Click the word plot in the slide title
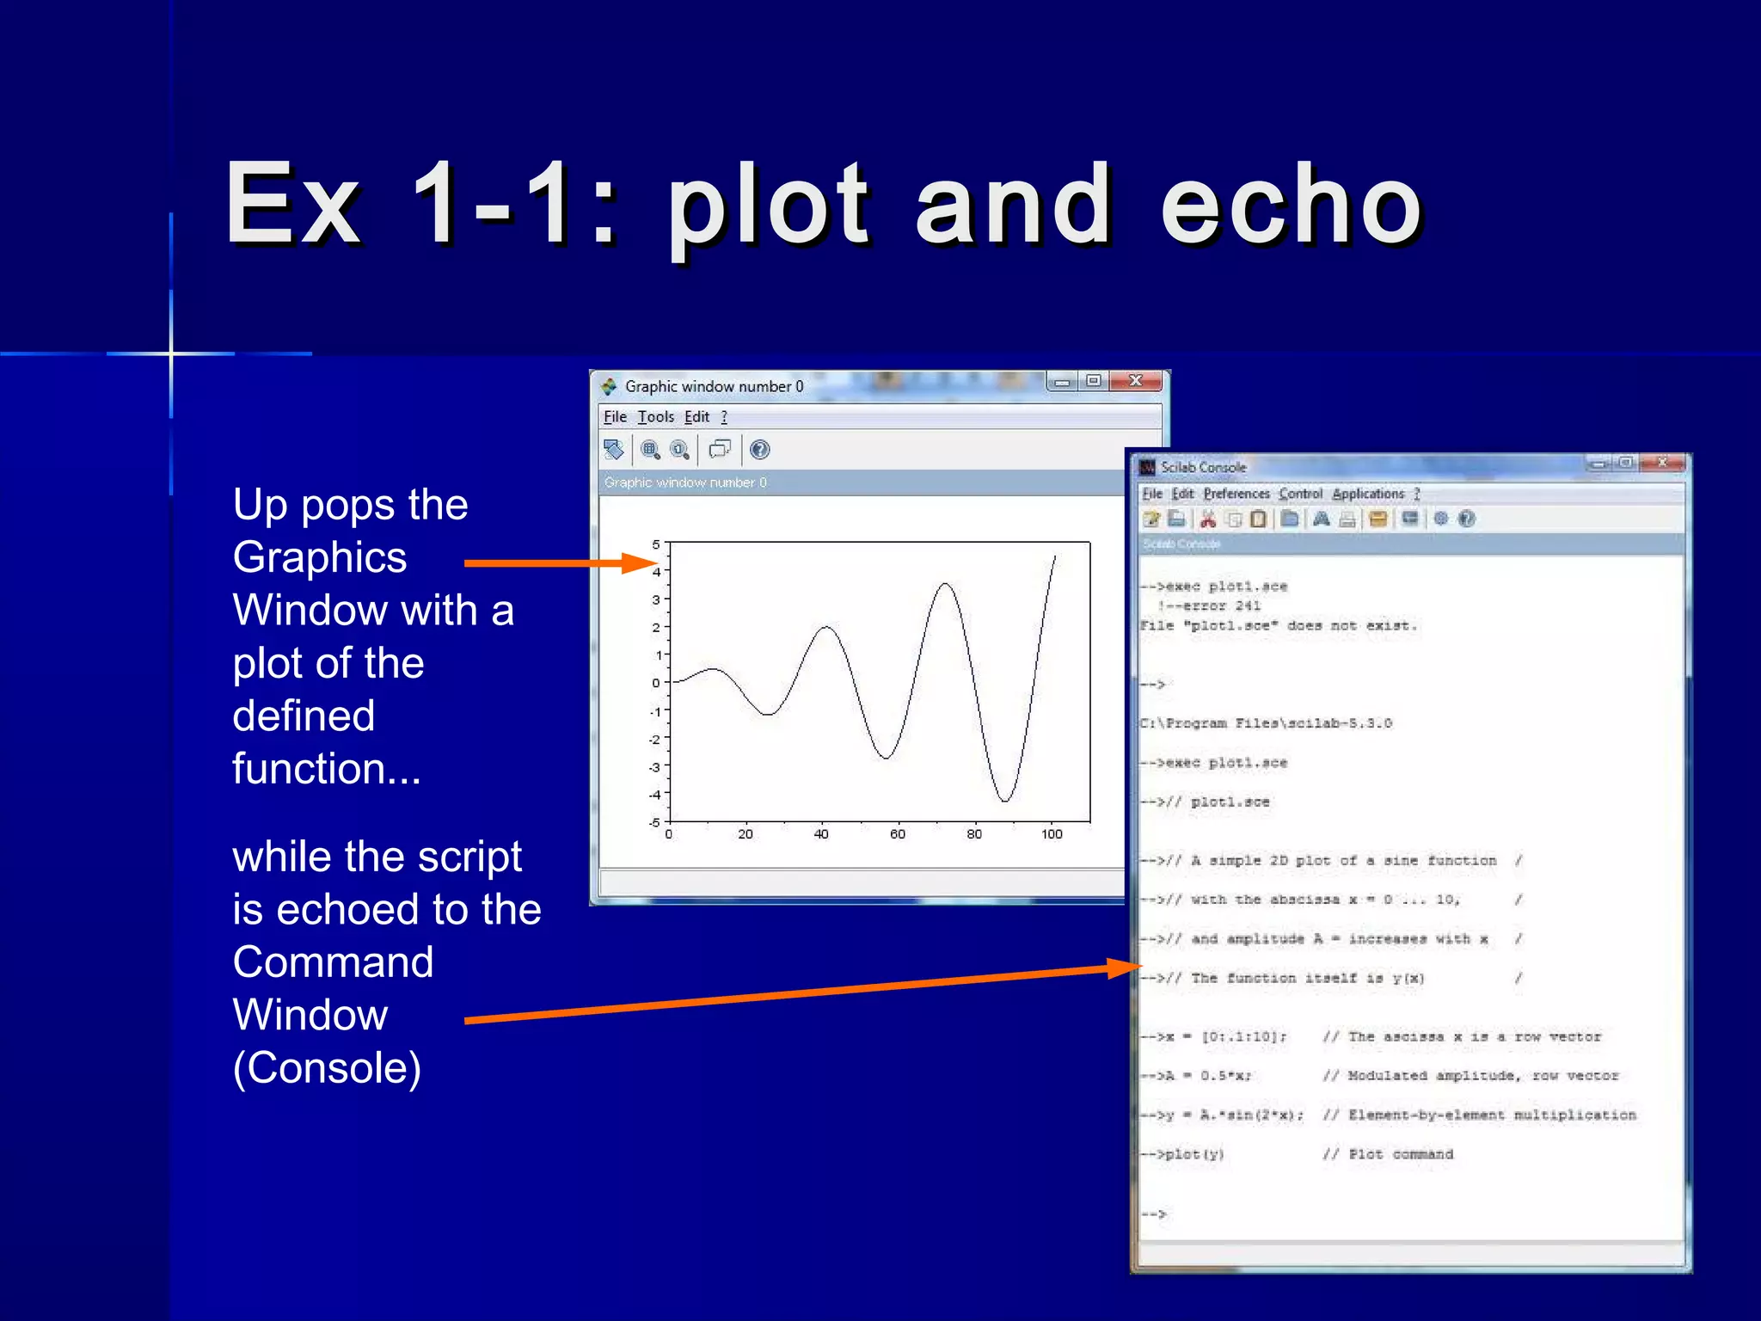(x=770, y=206)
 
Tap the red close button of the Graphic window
(x=1135, y=381)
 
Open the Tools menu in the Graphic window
(x=655, y=417)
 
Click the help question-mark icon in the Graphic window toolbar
(x=759, y=450)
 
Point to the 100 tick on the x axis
(x=1051, y=834)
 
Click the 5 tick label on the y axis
(x=656, y=544)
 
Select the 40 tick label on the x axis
(x=821, y=834)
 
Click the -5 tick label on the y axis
(x=654, y=822)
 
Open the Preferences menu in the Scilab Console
(x=1236, y=494)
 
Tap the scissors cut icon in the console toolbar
(x=1207, y=519)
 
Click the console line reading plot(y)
(x=1191, y=1154)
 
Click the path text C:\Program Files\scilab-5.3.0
(x=1266, y=723)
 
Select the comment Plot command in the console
(x=1400, y=1154)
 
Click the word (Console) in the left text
(x=327, y=1068)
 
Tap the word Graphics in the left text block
(x=320, y=557)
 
